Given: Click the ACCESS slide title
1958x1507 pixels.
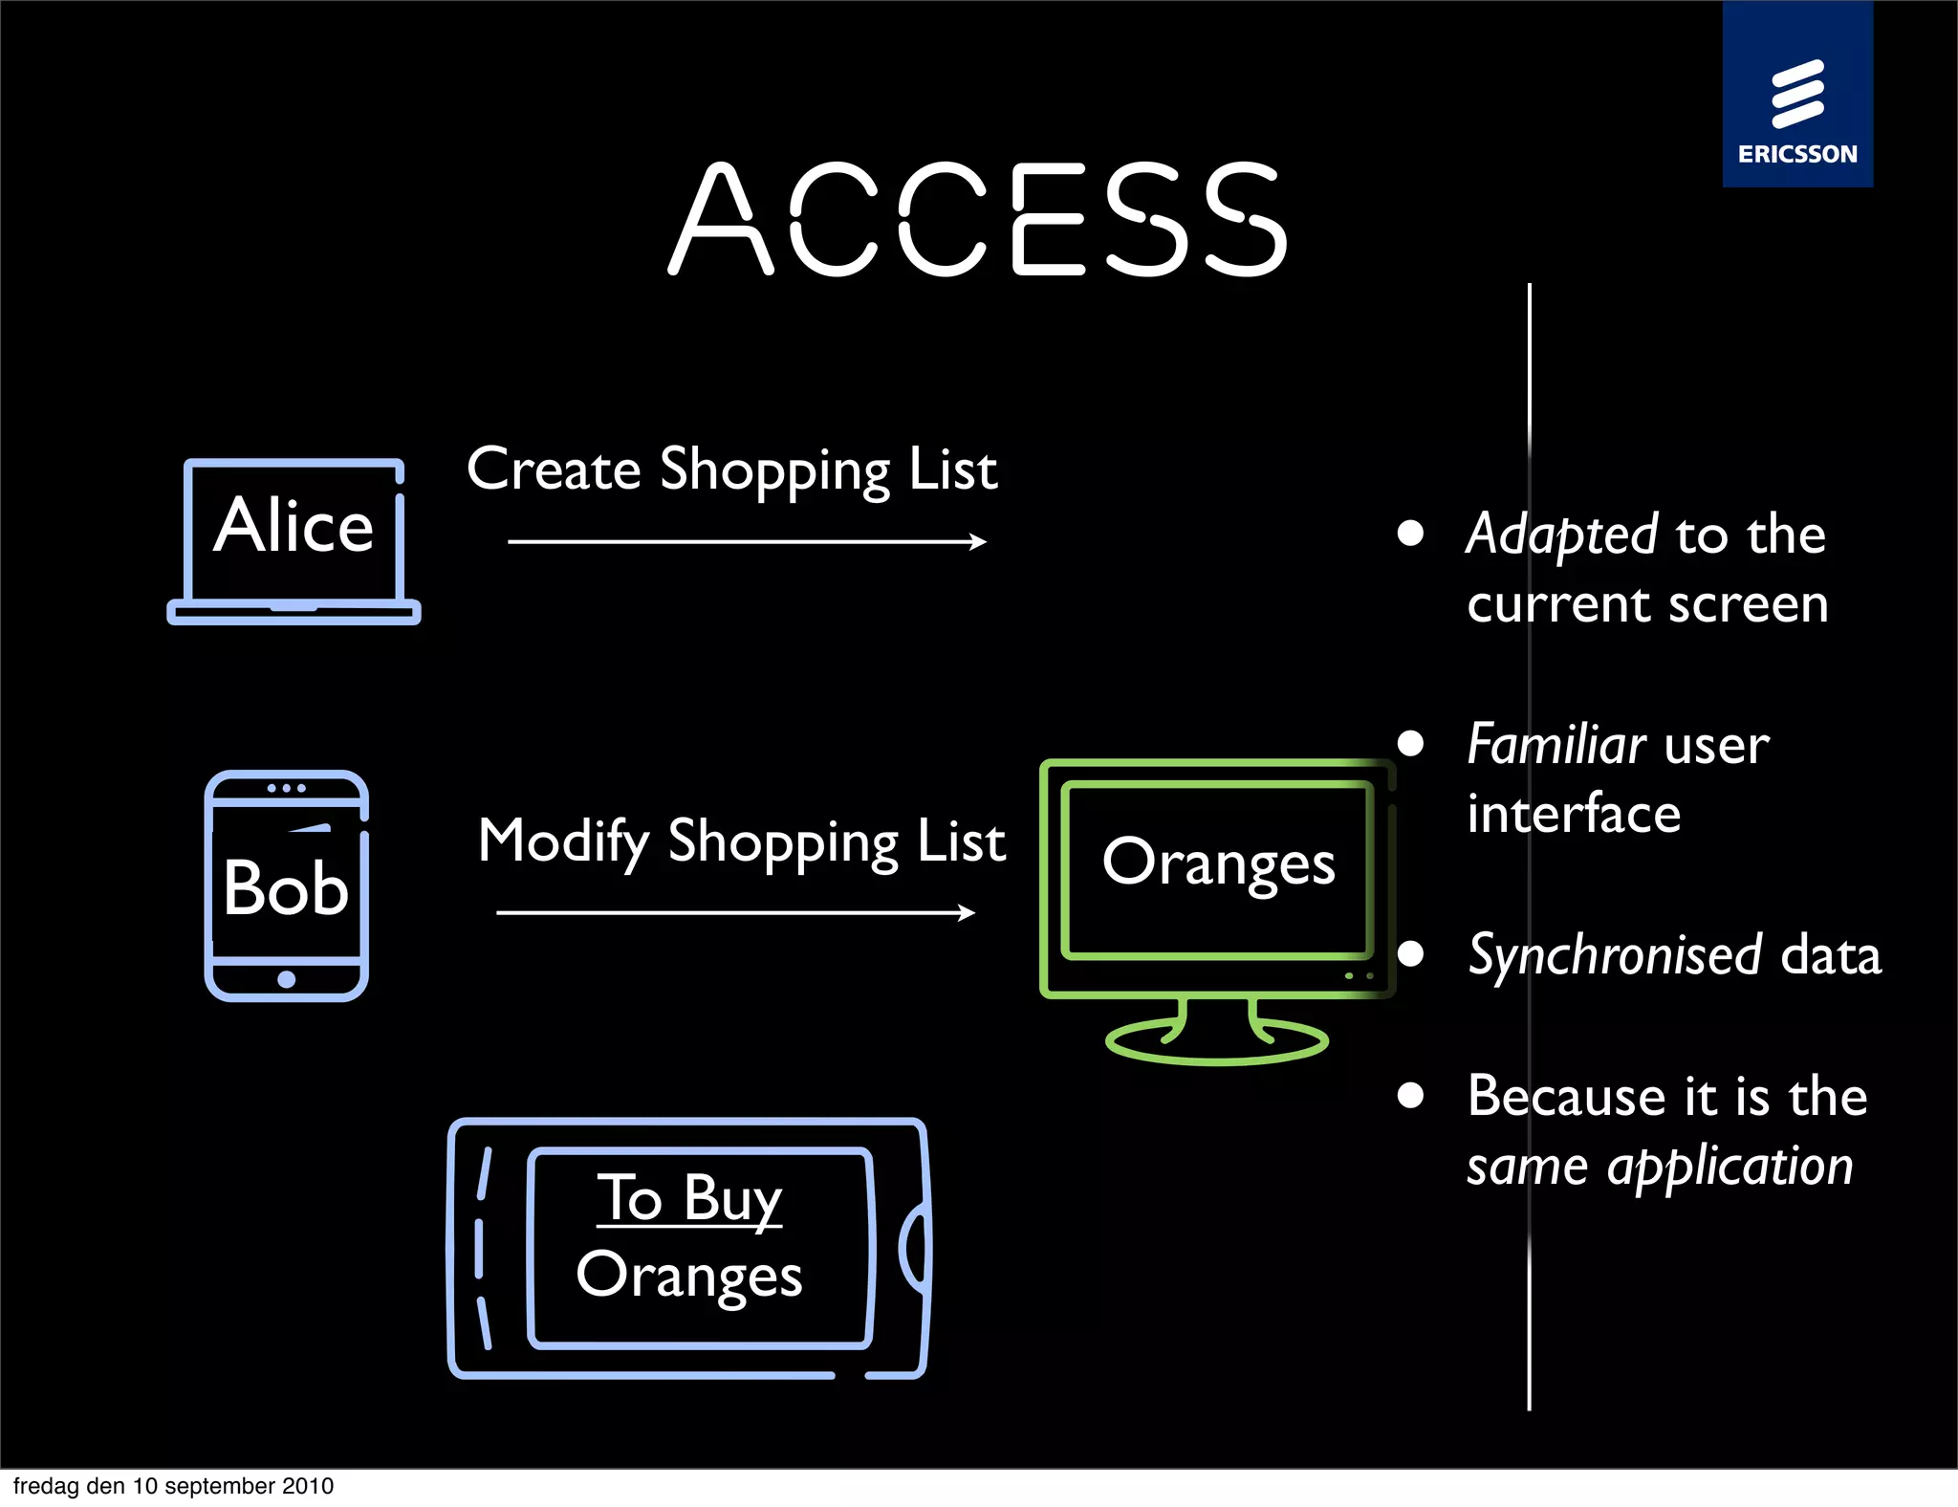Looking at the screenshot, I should [978, 219].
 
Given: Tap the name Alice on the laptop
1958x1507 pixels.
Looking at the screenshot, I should [294, 525].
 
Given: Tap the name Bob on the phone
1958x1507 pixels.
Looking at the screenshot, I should [286, 887].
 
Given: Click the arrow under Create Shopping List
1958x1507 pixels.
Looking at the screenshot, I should [747, 542].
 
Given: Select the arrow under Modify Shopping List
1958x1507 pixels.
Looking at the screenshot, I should [735, 913].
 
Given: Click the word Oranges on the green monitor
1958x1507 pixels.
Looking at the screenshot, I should [1218, 863].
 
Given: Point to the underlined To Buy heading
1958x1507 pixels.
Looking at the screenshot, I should [689, 1198].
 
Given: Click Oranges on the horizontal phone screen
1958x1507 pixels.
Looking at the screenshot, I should [689, 1276].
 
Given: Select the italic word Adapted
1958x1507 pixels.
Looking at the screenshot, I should [1561, 535].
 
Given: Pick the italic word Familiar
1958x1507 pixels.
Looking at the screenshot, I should [1556, 745].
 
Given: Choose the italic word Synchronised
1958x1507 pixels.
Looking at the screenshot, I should [1615, 955].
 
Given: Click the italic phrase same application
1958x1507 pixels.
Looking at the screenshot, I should [1660, 1167].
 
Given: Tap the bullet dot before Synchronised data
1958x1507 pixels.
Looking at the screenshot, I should [1410, 953].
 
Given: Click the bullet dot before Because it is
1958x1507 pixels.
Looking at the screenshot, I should [1410, 1095].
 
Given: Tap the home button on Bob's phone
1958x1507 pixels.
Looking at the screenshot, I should [286, 979].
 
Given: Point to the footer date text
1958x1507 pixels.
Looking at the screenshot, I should [173, 1486].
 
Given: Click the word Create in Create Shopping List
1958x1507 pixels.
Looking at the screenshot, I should [553, 470].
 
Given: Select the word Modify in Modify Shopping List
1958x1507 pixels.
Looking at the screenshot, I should [563, 841].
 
